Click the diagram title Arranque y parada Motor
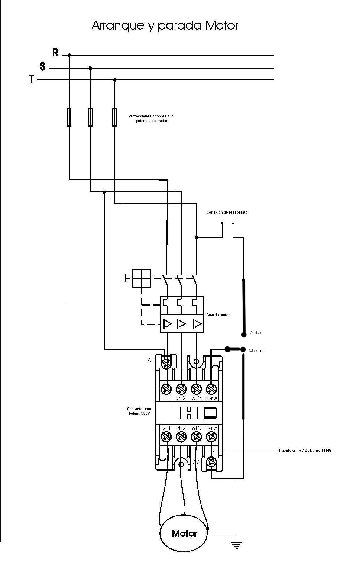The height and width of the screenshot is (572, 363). (x=165, y=25)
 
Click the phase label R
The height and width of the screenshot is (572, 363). (x=55, y=52)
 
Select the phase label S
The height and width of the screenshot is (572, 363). (x=43, y=66)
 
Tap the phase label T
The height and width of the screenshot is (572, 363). (x=31, y=79)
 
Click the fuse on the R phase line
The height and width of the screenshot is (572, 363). (x=69, y=117)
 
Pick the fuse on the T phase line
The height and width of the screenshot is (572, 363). (x=114, y=117)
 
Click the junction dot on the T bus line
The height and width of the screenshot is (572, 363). (x=114, y=80)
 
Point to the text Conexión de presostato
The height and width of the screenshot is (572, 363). (x=227, y=212)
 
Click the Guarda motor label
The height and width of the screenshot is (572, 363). (x=218, y=315)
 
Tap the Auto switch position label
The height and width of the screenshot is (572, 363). (x=255, y=333)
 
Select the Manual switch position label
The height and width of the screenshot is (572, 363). (x=256, y=351)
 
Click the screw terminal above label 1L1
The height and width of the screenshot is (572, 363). (x=166, y=388)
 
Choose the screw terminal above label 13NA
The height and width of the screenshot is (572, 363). (x=211, y=388)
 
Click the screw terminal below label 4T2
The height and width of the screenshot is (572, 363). (x=181, y=436)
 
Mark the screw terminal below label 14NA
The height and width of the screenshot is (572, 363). (x=211, y=436)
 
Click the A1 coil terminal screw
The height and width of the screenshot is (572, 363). (x=166, y=364)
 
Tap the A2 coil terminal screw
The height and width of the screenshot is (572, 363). (x=212, y=462)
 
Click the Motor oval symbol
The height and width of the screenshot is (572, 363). (x=184, y=534)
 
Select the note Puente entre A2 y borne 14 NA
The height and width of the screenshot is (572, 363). (x=305, y=450)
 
